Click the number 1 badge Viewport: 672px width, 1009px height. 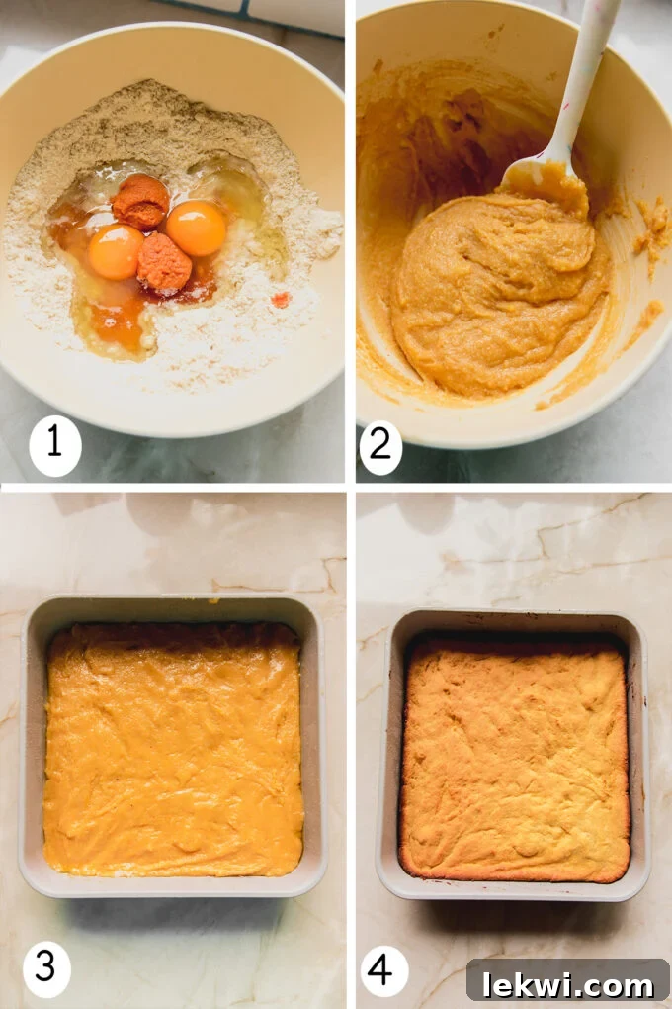click(54, 444)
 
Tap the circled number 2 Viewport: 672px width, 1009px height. click(380, 446)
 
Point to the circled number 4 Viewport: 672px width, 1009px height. click(383, 969)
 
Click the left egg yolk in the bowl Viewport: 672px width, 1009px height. click(115, 251)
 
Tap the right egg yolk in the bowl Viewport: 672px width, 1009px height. click(196, 229)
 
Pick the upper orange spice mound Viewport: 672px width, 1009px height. click(140, 202)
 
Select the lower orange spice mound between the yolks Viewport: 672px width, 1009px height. click(163, 262)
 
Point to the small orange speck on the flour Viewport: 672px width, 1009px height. click(281, 299)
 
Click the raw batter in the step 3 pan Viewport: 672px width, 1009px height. click(173, 752)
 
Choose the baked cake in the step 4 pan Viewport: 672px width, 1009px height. click(514, 757)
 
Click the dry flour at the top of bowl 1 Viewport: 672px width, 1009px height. click(158, 119)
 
